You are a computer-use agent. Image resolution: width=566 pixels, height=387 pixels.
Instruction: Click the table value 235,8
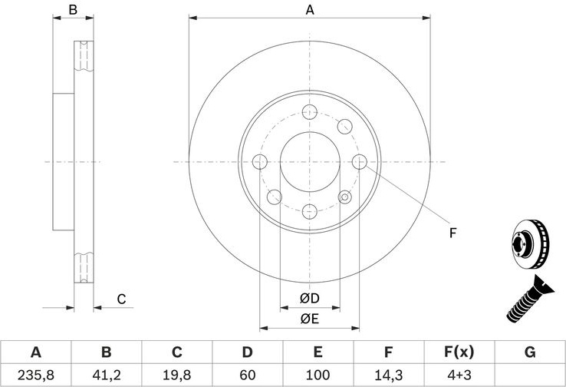coord(36,375)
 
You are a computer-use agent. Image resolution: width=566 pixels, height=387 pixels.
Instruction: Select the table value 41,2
coord(107,375)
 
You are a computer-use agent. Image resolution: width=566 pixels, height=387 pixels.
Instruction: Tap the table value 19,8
coord(177,375)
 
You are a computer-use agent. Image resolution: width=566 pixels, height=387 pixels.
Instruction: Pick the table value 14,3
coord(388,375)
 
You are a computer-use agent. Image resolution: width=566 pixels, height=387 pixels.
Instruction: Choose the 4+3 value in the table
coord(459,375)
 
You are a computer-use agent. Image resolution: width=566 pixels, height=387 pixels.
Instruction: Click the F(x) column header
coord(459,352)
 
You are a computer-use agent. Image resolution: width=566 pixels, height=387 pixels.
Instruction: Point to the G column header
coord(530,352)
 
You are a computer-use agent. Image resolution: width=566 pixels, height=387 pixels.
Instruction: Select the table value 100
coord(318,375)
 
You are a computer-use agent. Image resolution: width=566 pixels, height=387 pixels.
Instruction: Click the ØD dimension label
coord(310,298)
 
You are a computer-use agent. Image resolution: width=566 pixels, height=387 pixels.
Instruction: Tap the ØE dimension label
coord(310,319)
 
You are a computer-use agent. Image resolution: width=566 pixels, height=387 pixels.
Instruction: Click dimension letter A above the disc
coord(310,10)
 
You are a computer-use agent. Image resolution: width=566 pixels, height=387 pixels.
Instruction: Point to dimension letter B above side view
coord(73,10)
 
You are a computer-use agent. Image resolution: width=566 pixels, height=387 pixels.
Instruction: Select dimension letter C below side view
coord(121,299)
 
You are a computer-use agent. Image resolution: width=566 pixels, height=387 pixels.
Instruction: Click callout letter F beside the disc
coord(452,233)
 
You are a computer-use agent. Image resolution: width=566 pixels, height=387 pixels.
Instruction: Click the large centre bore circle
coord(310,132)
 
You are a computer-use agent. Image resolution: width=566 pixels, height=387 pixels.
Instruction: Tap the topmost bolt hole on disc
coord(310,112)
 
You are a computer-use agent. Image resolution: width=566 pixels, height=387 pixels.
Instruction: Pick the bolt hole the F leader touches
coord(360,162)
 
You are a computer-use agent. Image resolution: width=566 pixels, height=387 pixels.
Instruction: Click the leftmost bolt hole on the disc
coord(260,162)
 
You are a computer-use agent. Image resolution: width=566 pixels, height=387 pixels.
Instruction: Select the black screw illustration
coord(530,299)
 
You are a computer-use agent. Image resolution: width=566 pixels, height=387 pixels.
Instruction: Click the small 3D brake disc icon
coord(531,244)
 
